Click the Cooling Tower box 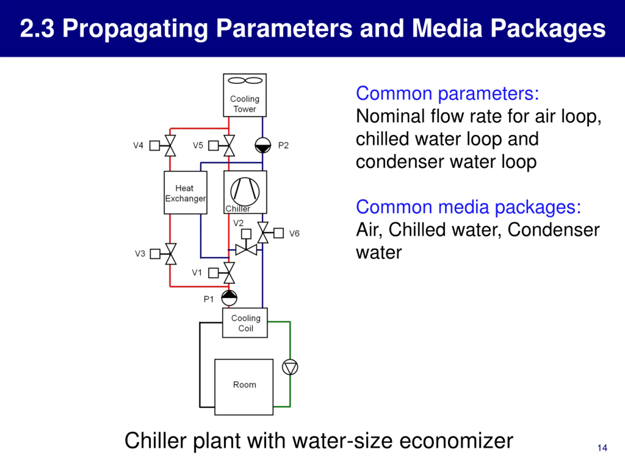tap(245, 95)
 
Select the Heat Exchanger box tap(185, 192)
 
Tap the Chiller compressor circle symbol tap(245, 192)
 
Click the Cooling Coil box tap(245, 323)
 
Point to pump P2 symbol tap(263, 145)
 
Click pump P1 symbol tap(229, 298)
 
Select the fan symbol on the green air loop tap(290, 367)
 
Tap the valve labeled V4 tap(170, 146)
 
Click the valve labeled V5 tap(229, 146)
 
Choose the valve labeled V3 tap(171, 254)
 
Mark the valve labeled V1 tap(229, 273)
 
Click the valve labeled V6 tap(263, 233)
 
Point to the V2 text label tap(238, 223)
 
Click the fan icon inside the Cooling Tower tap(245, 81)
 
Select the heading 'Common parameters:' tap(447, 93)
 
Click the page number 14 tap(602, 448)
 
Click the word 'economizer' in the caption tap(456, 441)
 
